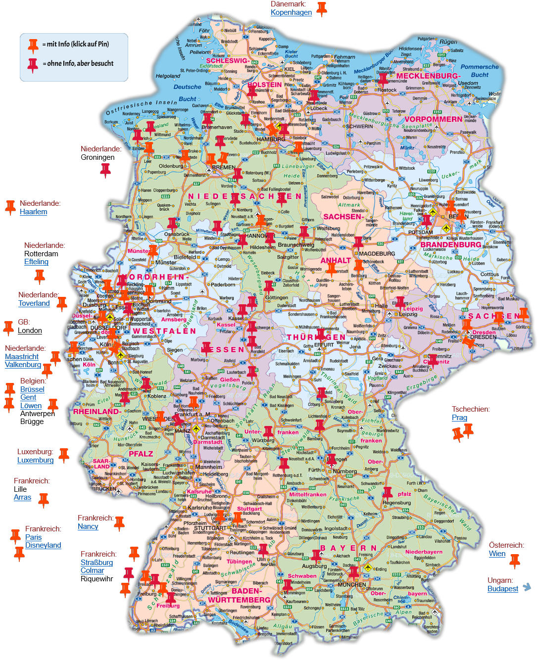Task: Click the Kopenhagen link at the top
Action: tap(291, 12)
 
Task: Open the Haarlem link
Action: tap(34, 212)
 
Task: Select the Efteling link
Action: tap(36, 262)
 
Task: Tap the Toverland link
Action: tap(34, 303)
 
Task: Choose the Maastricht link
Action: tap(22, 357)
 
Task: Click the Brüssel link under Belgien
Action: tap(32, 389)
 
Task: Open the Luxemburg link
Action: tap(35, 460)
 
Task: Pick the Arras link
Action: tap(22, 497)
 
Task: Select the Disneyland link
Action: tap(43, 545)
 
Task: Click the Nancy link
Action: tap(88, 526)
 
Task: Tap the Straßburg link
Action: tap(97, 563)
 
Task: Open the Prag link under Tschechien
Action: tap(459, 418)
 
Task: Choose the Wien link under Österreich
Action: tap(497, 554)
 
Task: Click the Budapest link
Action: tap(503, 589)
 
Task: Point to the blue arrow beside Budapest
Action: tap(527, 587)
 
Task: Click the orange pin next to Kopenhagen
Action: tap(322, 8)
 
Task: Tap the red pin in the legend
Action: tap(33, 64)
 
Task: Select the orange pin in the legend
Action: tap(33, 45)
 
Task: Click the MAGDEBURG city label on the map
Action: tap(377, 254)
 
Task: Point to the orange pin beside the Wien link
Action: tap(515, 560)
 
